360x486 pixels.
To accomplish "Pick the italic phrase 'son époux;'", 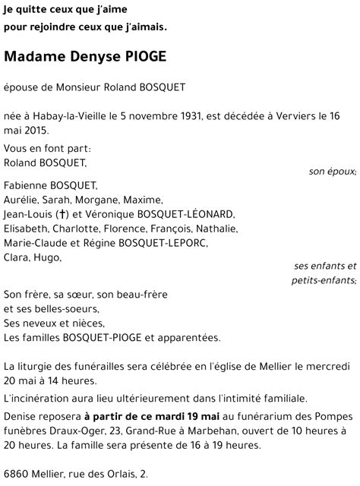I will click(332, 172).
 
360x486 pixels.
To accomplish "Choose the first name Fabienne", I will click(27, 186).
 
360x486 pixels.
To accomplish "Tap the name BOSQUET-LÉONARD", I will click(192, 214).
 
